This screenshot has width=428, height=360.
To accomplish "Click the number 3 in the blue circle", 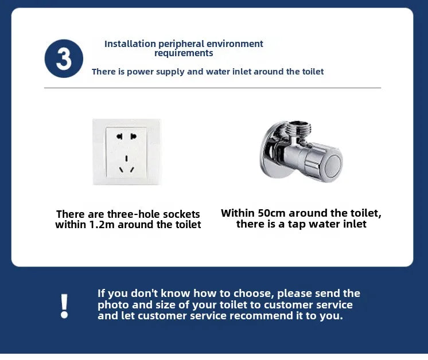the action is pyautogui.click(x=64, y=59).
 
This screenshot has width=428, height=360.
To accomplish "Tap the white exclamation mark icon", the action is pyautogui.click(x=64, y=306).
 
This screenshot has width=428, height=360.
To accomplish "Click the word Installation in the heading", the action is pyautogui.click(x=130, y=44).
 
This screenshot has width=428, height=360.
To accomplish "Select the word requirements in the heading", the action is pyautogui.click(x=184, y=53).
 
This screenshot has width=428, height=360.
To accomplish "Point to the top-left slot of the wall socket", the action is pyautogui.click(x=119, y=136).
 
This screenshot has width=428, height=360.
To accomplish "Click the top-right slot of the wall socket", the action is pyautogui.click(x=133, y=136).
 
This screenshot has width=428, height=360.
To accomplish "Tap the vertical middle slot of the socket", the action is pyautogui.click(x=126, y=158).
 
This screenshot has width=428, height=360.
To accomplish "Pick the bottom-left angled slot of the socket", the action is pyautogui.click(x=121, y=170).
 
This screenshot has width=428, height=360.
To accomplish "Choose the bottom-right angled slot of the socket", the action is pyautogui.click(x=133, y=170).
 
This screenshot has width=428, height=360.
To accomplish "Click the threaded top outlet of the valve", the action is pyautogui.click(x=299, y=128).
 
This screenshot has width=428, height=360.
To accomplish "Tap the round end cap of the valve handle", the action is pyautogui.click(x=332, y=165).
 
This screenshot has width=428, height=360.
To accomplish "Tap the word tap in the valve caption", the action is pyautogui.click(x=297, y=225).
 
